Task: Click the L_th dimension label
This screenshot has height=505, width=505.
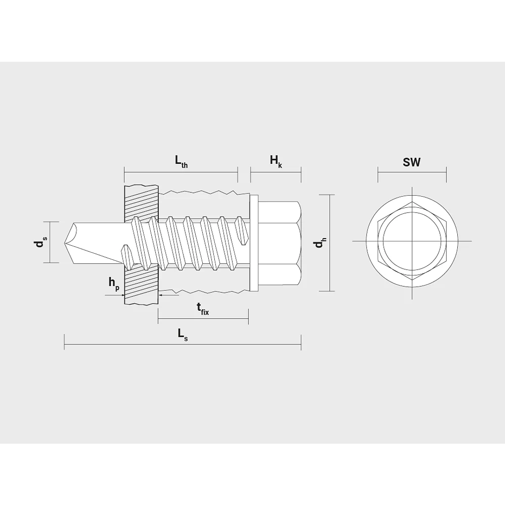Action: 181,161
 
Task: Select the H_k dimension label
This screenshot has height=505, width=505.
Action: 276,161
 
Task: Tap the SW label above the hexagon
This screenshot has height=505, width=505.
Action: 412,162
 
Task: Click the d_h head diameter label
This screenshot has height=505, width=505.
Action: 320,243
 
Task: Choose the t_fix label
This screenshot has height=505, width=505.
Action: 202,308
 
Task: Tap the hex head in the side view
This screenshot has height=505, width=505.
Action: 279,242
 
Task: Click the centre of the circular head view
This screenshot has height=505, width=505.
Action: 412,241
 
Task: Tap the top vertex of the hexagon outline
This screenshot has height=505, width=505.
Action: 412,202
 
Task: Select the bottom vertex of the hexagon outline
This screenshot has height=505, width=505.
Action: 412,280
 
